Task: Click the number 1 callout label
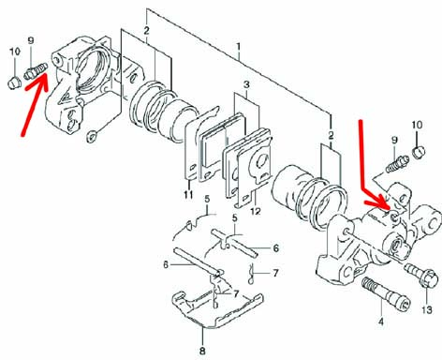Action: click(x=239, y=48)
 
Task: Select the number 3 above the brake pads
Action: click(x=246, y=84)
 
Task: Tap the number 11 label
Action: click(x=188, y=195)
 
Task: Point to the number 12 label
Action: click(x=256, y=211)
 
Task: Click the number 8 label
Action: click(x=202, y=351)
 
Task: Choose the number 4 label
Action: click(x=381, y=321)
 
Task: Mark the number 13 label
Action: click(x=427, y=309)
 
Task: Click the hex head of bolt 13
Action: click(x=429, y=277)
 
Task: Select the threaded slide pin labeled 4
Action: click(x=385, y=292)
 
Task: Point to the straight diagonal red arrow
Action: click(x=35, y=105)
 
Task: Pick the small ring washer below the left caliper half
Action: click(x=92, y=136)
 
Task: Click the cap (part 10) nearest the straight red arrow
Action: click(x=14, y=83)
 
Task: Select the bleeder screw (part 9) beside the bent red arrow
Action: click(x=397, y=164)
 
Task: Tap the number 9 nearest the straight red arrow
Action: click(x=31, y=40)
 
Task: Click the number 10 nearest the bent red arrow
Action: click(x=417, y=125)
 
